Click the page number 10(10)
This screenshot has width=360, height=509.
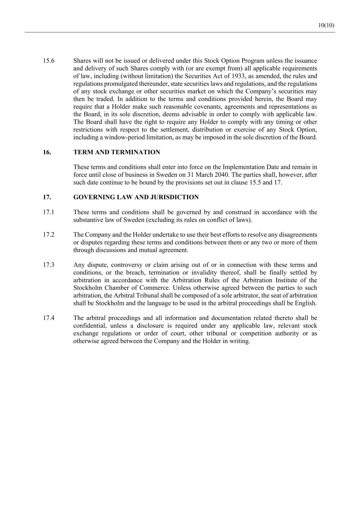(x=326, y=25)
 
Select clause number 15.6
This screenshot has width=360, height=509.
(x=48, y=61)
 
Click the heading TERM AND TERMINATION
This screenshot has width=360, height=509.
(x=117, y=152)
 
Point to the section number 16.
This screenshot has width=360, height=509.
(x=47, y=152)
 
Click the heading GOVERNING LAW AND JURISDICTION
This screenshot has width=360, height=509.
(x=136, y=197)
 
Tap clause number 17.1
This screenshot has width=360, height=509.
(x=48, y=212)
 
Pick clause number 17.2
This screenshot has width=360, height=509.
(x=48, y=235)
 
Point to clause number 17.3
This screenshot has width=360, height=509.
(x=48, y=265)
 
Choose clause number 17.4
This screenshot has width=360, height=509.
(x=48, y=318)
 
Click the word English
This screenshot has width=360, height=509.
(x=306, y=303)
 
